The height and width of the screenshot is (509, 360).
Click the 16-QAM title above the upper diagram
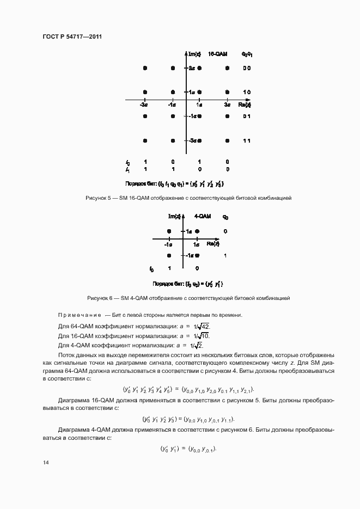coord(218,54)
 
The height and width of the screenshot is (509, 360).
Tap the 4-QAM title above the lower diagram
coord(203,217)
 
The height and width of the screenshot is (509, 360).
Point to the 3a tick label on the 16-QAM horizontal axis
coord(227,105)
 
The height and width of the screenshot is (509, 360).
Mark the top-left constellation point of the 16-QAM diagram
coord(145,68)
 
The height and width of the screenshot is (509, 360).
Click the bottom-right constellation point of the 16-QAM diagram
coord(228,141)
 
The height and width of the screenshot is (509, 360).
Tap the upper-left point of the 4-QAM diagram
coord(169,231)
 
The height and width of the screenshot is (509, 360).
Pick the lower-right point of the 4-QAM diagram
coord(197,255)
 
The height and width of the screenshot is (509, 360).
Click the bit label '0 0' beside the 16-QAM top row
coord(247,68)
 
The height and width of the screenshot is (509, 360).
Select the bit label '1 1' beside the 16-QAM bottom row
coord(247,141)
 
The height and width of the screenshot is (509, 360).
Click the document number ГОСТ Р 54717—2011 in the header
coord(72,36)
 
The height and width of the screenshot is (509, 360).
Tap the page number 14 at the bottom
coord(46,462)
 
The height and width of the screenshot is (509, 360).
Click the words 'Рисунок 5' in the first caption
coord(99,198)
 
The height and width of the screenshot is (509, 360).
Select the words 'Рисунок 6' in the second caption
coord(100,298)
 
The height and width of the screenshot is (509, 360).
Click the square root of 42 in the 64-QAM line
coord(204,326)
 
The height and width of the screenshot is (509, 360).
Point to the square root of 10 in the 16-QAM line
coord(204,336)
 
